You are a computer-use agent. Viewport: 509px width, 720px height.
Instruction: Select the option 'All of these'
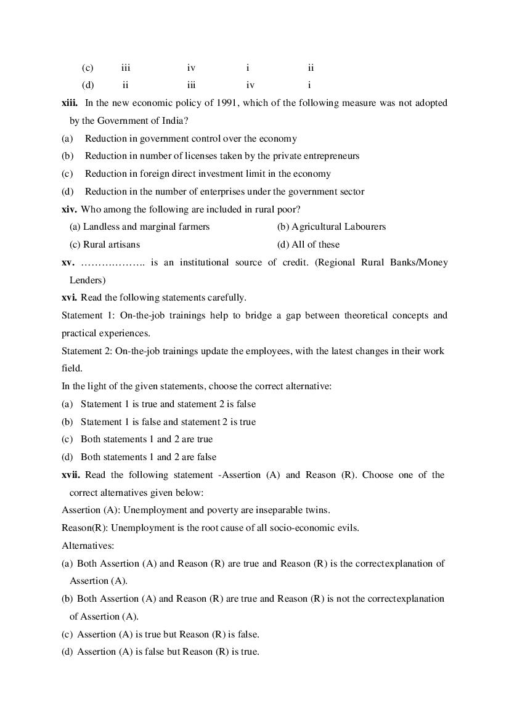[x=308, y=245]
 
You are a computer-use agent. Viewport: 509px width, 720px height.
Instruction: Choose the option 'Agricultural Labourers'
[x=332, y=227]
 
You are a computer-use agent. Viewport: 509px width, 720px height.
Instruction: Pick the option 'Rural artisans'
[x=105, y=245]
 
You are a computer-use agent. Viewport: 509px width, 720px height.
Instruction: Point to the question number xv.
[x=68, y=262]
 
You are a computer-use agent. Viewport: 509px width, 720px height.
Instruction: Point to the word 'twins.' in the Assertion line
[x=317, y=510]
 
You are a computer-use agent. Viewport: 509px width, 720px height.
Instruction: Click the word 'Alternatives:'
[x=88, y=546]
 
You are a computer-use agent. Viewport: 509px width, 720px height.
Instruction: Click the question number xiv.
[x=69, y=209]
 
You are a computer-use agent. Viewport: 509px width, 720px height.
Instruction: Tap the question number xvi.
[x=69, y=297]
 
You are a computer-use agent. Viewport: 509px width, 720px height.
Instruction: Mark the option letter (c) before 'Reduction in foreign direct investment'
[x=67, y=174]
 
